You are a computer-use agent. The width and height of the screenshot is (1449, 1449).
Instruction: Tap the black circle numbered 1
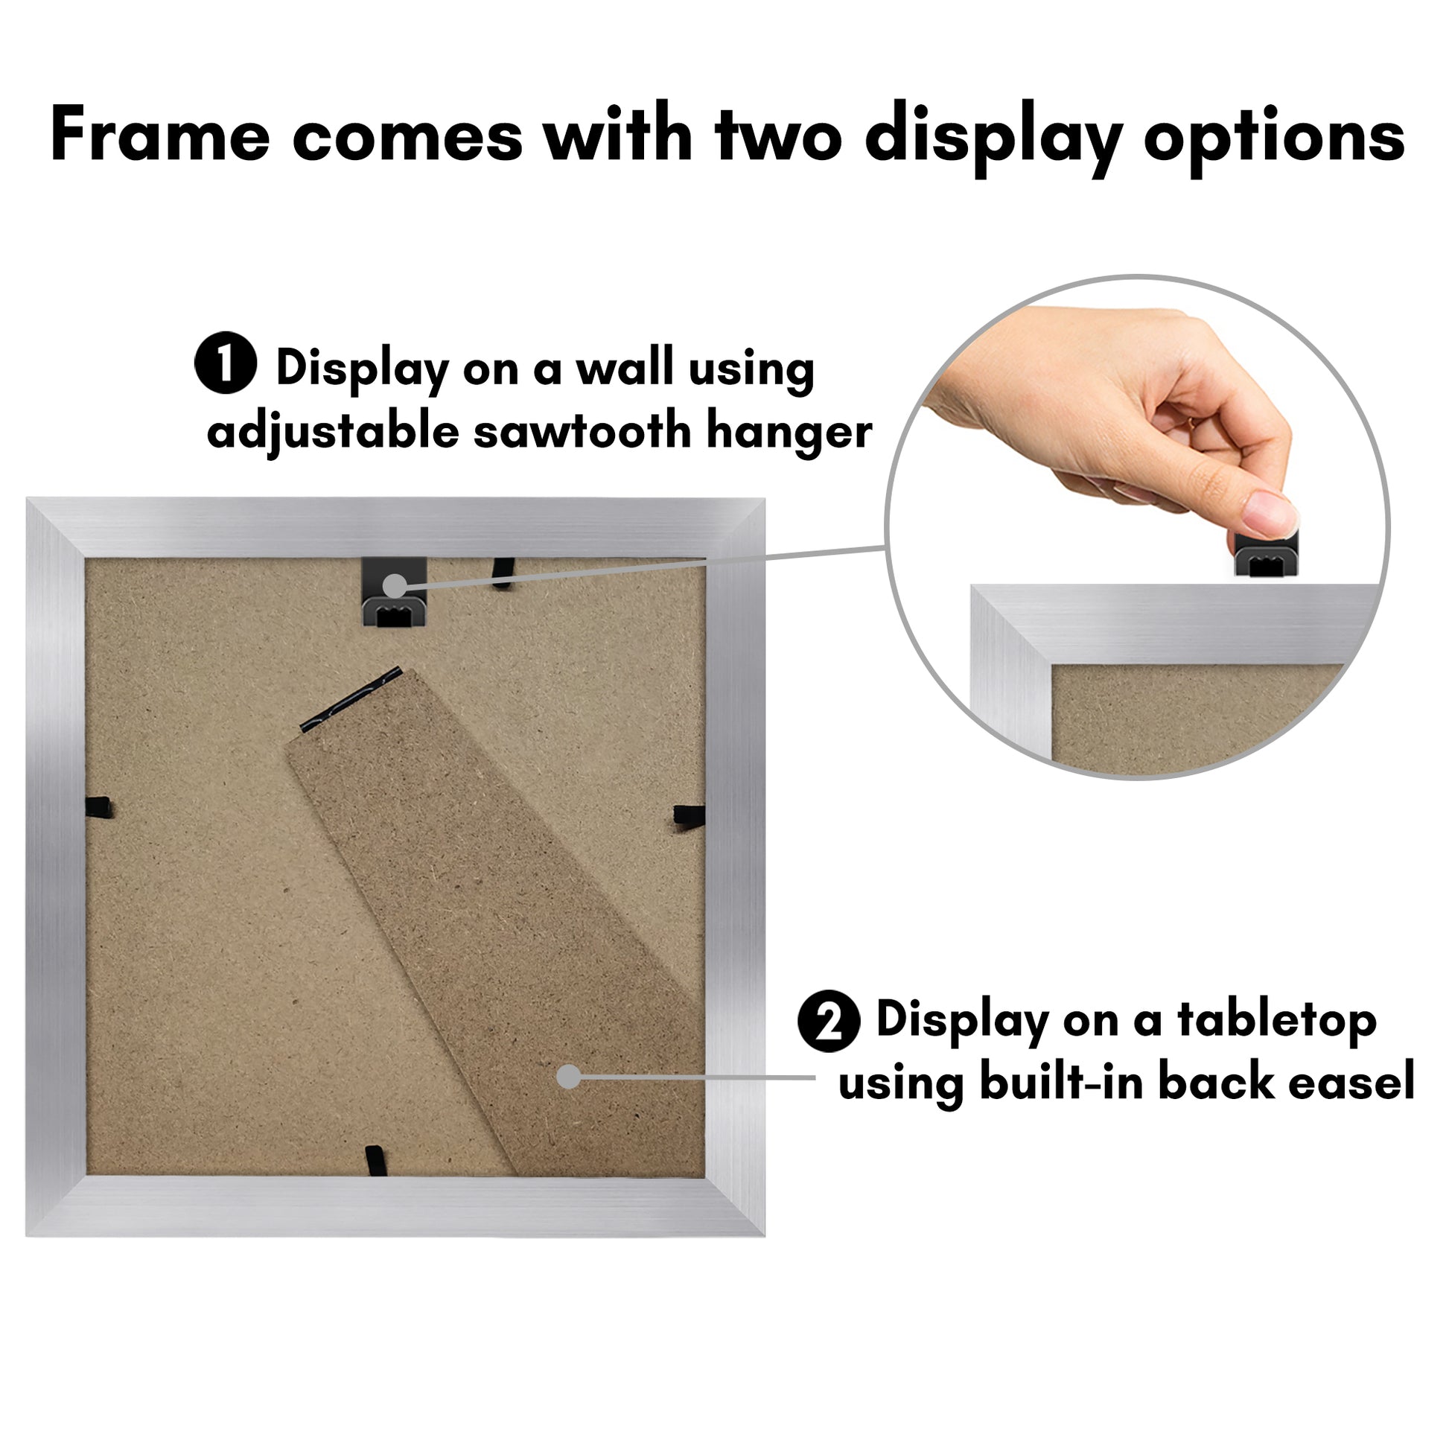[226, 363]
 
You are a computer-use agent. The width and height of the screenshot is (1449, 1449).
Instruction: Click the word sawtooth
[582, 431]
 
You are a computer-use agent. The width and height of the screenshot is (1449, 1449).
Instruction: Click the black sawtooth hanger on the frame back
[395, 591]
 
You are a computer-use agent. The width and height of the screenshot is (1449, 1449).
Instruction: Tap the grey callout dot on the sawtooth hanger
[395, 586]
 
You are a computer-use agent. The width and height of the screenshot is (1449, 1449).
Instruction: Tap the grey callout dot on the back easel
[569, 1077]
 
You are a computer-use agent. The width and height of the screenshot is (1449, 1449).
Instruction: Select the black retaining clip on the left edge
[98, 808]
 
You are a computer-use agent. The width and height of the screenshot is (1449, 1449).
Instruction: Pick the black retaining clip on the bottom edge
[377, 1159]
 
